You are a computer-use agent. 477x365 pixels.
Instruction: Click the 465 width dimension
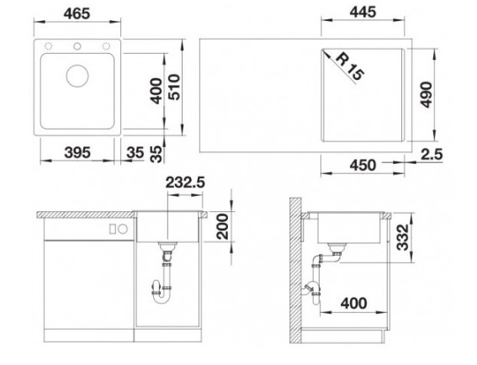tap(77, 13)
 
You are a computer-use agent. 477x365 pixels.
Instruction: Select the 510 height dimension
tap(175, 87)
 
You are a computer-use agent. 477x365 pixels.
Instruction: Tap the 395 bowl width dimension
tap(77, 152)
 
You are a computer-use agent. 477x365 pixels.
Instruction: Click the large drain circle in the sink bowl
tap(77, 76)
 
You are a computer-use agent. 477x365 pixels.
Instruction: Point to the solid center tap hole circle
tap(77, 46)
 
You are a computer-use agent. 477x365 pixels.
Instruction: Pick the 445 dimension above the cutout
tap(363, 13)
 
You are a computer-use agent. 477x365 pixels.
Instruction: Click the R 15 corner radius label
tap(350, 67)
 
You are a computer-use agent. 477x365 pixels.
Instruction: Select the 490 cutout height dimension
tap(427, 94)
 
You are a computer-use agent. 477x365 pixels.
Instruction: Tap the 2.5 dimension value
tap(432, 155)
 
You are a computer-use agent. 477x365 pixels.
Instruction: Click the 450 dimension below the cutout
tap(363, 165)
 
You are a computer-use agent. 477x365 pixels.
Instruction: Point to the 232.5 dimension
tap(185, 182)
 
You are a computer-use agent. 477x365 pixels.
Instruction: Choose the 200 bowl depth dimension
tap(222, 226)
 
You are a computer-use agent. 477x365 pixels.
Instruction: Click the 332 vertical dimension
tap(403, 237)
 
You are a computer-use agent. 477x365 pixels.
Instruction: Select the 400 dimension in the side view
tap(354, 304)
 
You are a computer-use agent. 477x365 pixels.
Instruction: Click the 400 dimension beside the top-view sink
tap(157, 91)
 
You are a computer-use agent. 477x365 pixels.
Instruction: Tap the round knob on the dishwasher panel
tap(123, 229)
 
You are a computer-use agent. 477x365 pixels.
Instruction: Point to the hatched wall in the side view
tap(295, 271)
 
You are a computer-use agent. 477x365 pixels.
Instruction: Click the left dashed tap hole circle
tap(48, 46)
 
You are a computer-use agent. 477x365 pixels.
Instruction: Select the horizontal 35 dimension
tap(135, 152)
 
